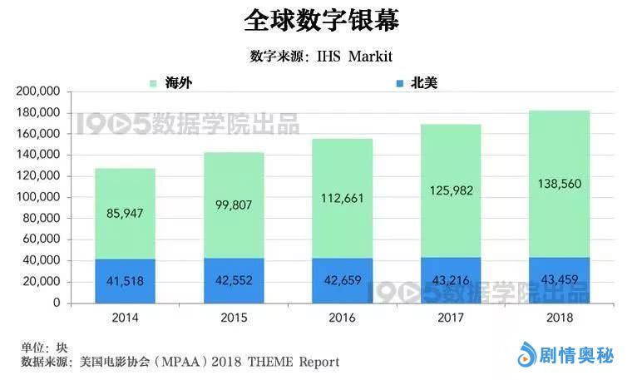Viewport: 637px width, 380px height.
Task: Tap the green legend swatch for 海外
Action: click(152, 83)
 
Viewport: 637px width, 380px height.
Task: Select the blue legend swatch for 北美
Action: click(400, 83)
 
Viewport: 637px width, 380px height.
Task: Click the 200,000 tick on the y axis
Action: click(37, 91)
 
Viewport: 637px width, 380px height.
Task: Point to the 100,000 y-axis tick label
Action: click(37, 197)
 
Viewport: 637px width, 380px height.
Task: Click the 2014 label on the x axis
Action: click(124, 318)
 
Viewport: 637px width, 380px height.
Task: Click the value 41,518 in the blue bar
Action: click(124, 281)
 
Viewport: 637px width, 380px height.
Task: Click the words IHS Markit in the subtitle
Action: click(354, 57)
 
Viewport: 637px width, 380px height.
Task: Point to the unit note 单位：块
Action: click(43, 347)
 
